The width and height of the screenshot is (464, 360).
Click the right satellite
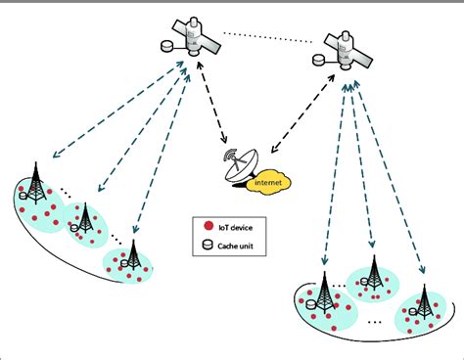point(348,50)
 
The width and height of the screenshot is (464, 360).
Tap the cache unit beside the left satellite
point(167,45)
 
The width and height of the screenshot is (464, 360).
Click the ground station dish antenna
point(240,167)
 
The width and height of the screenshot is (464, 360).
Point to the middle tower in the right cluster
point(373,277)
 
